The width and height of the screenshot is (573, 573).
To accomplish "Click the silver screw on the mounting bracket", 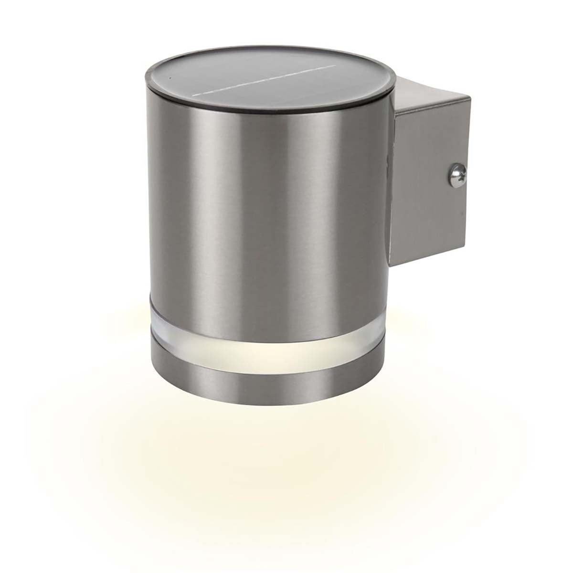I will coord(454,174).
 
